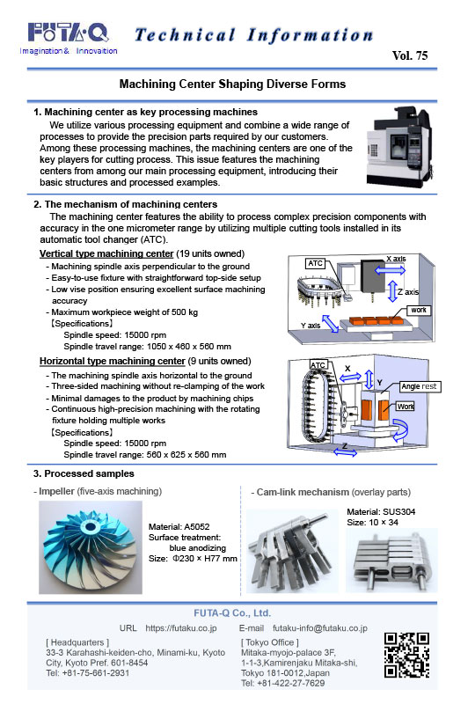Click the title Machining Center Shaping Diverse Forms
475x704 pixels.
coord(232,84)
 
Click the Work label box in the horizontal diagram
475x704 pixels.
coord(406,407)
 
